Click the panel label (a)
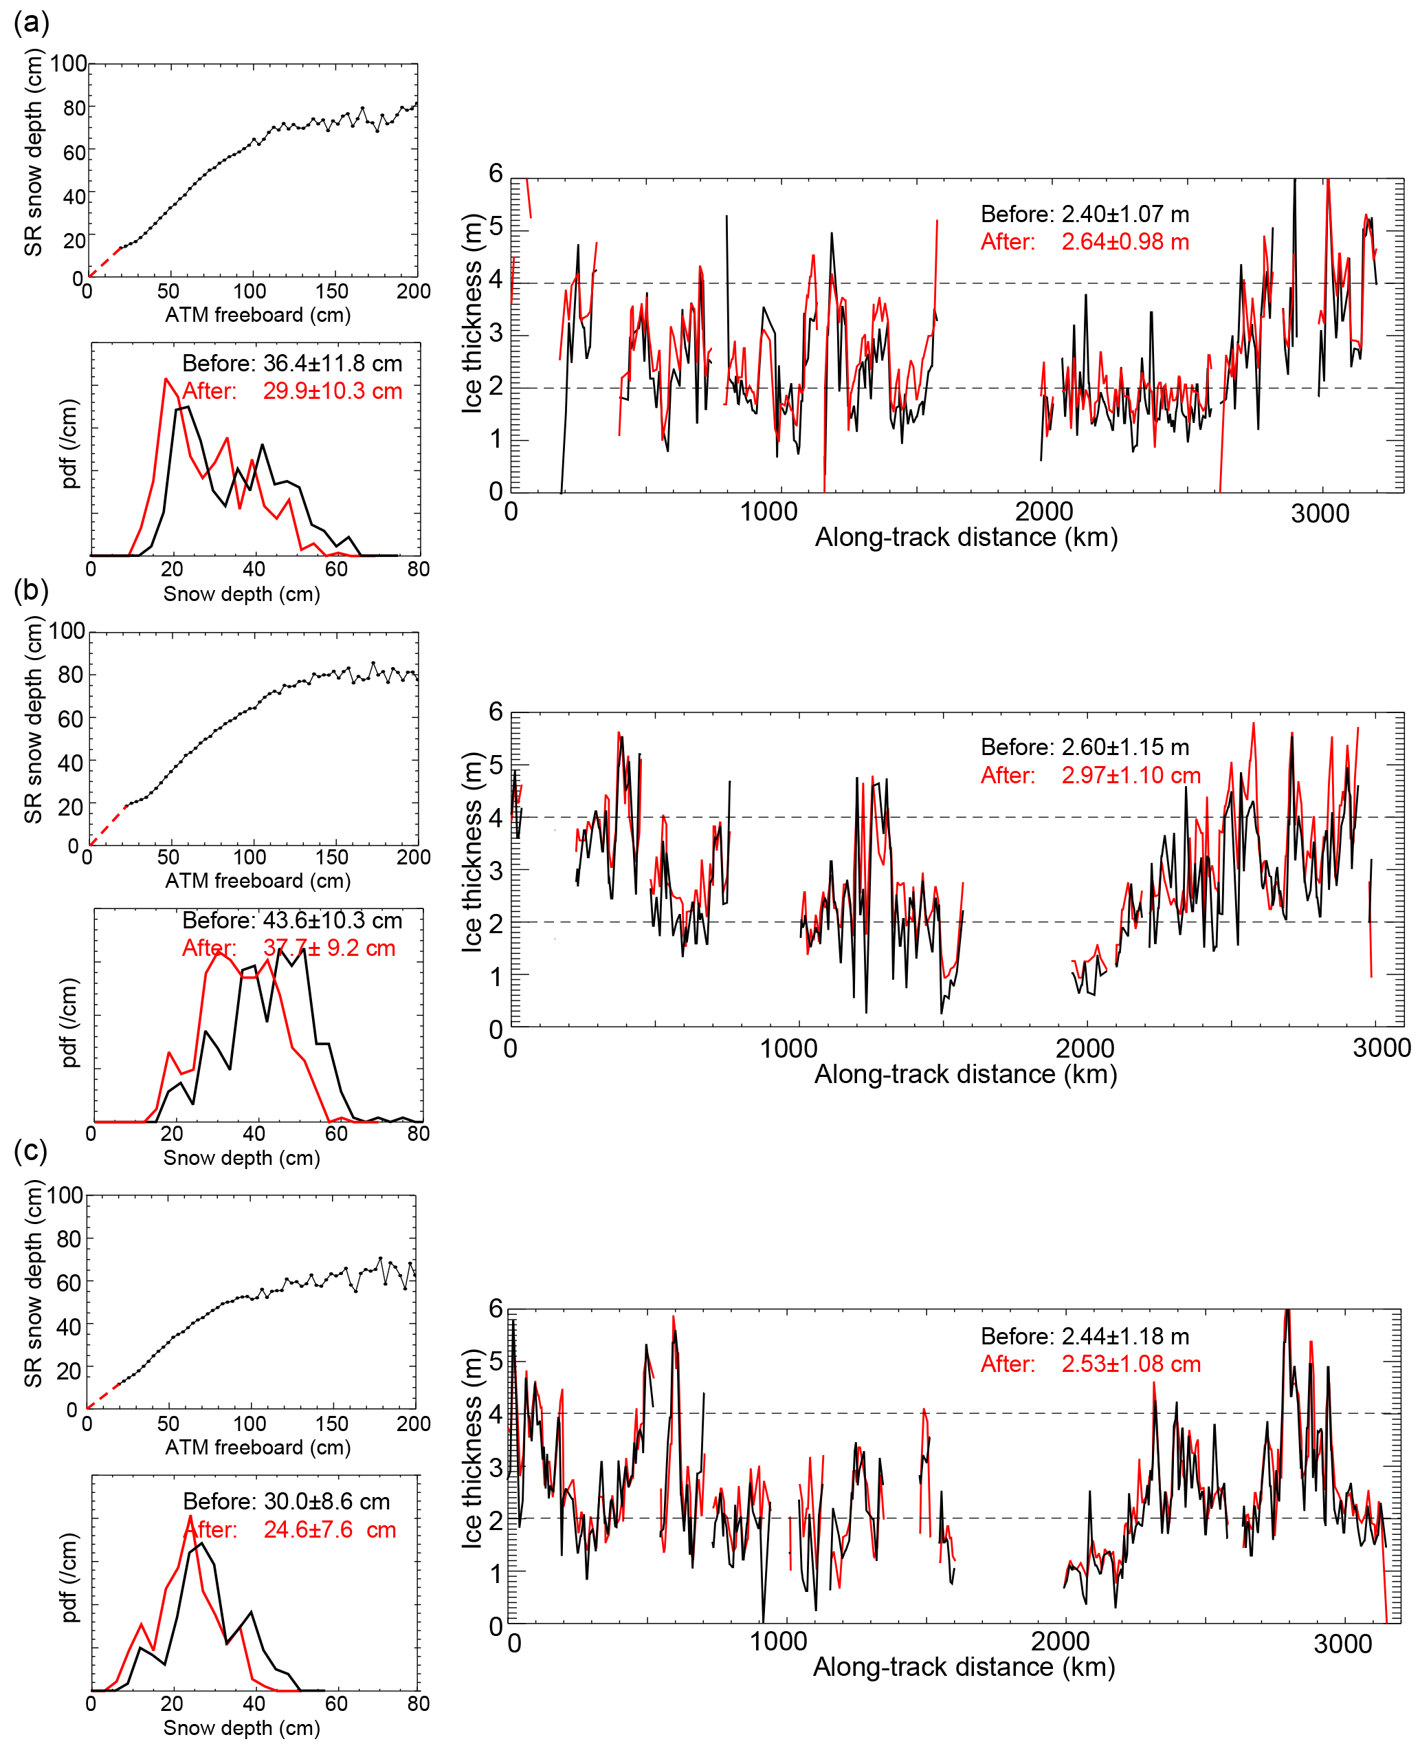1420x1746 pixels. coord(31,22)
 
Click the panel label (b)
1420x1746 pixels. coord(31,590)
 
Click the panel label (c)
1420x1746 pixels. coord(31,1150)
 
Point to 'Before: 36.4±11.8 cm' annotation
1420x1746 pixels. coord(292,363)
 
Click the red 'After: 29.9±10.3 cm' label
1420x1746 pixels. coord(292,391)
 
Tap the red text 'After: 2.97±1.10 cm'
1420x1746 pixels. coord(1089,775)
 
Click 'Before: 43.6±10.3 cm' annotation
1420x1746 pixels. coord(292,921)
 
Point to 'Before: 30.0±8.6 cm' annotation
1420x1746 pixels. coord(287,1501)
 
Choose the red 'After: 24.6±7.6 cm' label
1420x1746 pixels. coord(290,1529)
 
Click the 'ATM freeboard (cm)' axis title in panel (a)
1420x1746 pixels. coord(258,315)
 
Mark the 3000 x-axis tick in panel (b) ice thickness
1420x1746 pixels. coord(1382,1048)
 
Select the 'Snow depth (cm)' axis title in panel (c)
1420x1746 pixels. coord(241,1727)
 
